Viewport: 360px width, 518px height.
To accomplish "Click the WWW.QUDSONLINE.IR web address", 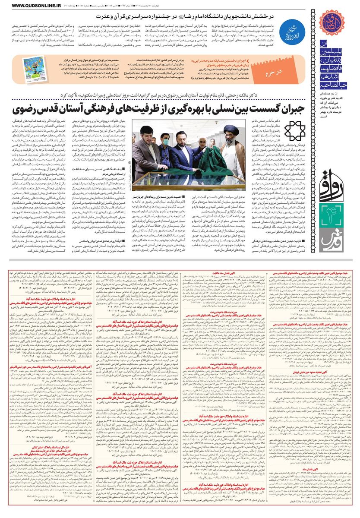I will click(27, 5).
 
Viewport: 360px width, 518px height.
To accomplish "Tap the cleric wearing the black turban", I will click(234, 147).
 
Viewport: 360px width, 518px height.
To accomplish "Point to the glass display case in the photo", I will click(173, 181).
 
